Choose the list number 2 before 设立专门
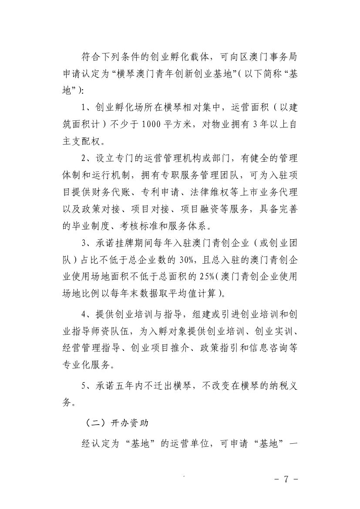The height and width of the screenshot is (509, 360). [x=84, y=159]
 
